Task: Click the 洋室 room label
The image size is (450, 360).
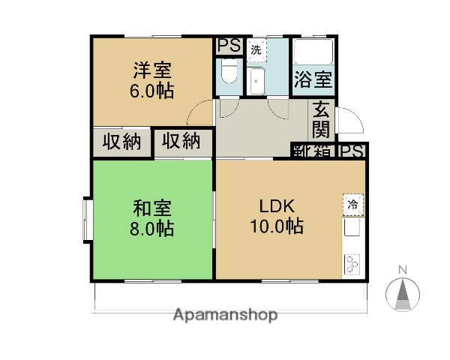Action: [152, 70]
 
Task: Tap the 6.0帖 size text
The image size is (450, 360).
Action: [152, 91]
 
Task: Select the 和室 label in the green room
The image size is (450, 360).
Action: [152, 206]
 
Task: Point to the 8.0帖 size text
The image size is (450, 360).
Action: [152, 227]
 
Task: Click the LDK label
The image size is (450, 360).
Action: [277, 205]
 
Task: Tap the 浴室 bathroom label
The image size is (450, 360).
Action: [313, 78]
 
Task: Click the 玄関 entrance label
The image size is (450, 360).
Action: [322, 118]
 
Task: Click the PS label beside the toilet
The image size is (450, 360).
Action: [229, 46]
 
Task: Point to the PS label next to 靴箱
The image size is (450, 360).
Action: [352, 151]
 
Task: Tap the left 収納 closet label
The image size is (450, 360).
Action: [122, 141]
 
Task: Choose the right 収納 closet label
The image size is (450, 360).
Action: [181, 140]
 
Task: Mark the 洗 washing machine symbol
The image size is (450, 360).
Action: [256, 50]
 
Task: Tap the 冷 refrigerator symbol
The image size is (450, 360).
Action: [352, 203]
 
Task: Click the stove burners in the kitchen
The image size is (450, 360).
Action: [352, 263]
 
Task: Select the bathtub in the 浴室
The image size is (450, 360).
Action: [313, 51]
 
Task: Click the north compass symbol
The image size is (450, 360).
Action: [402, 291]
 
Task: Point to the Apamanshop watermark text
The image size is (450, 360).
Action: [225, 315]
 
